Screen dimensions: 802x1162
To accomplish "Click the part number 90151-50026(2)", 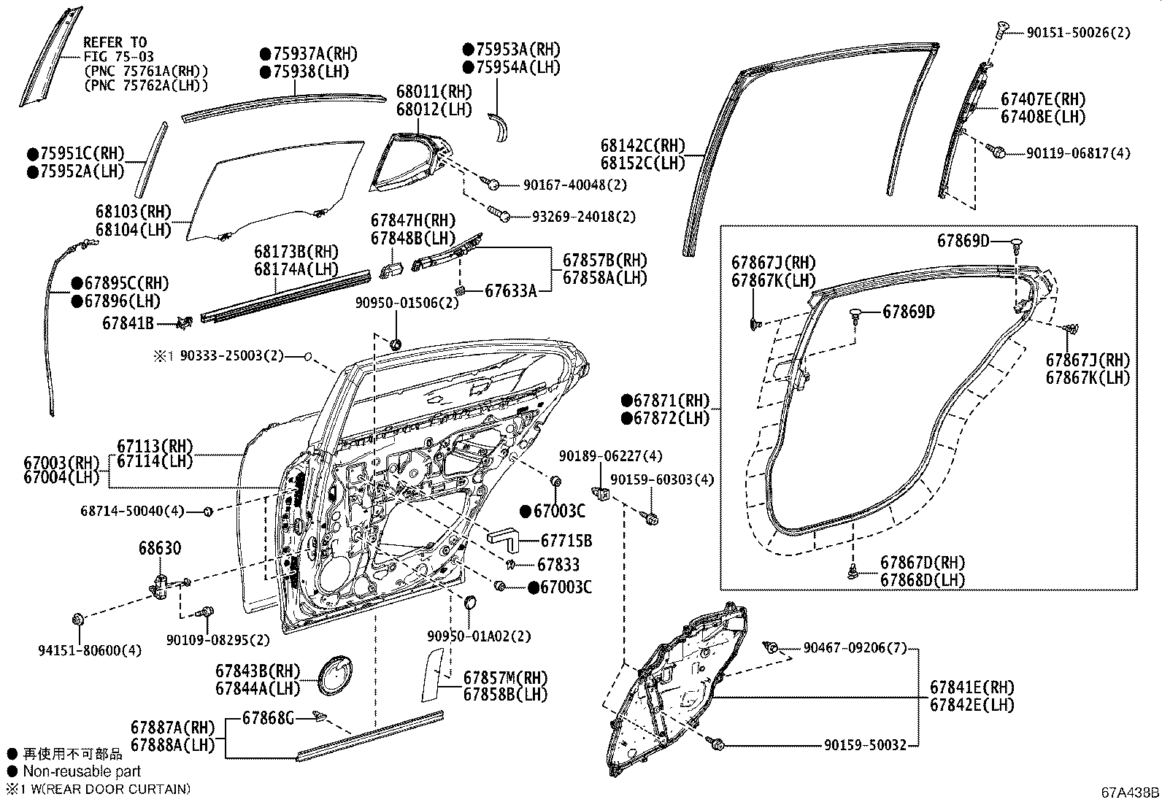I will (x=1078, y=33).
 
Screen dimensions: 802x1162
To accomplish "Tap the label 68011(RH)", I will (x=434, y=92).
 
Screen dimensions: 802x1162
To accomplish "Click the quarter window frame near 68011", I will (x=409, y=164).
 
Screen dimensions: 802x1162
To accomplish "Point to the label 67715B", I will (x=566, y=541).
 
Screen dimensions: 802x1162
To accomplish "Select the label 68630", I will (x=160, y=548).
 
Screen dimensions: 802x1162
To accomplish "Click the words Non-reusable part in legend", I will (x=82, y=771).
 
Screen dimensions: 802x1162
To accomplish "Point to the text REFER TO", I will (x=115, y=42).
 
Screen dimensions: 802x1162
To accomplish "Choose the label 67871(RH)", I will (x=671, y=401).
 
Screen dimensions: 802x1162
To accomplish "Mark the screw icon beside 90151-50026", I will (x=1001, y=30).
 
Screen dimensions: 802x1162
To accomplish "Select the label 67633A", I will (x=510, y=291).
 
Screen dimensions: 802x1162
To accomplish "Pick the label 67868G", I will (x=268, y=720).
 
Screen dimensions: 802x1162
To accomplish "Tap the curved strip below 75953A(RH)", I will (x=501, y=127).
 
